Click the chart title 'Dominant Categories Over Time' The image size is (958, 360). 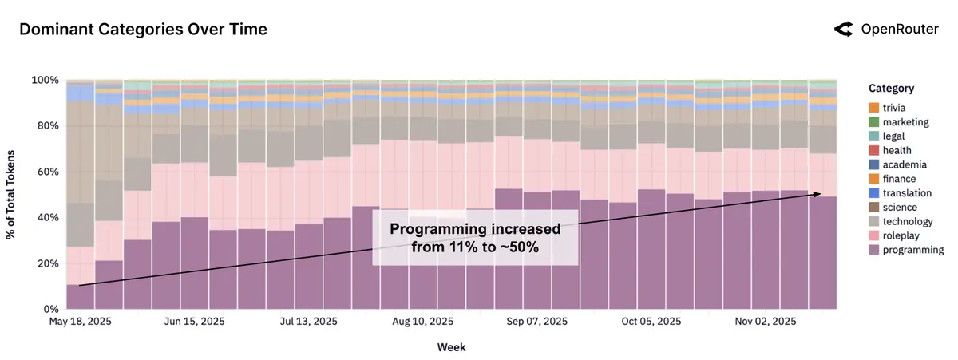tap(143, 30)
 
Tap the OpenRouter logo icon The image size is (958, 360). tap(843, 30)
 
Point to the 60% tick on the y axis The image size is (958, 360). tap(46, 172)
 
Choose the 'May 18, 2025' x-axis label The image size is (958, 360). tap(80, 322)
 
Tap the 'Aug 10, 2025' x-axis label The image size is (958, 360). tap(423, 322)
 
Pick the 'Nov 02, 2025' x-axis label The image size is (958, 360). tap(766, 322)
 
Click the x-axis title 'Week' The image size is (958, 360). tap(451, 347)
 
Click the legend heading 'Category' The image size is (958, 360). tap(891, 89)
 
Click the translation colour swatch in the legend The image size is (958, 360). tap(874, 193)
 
